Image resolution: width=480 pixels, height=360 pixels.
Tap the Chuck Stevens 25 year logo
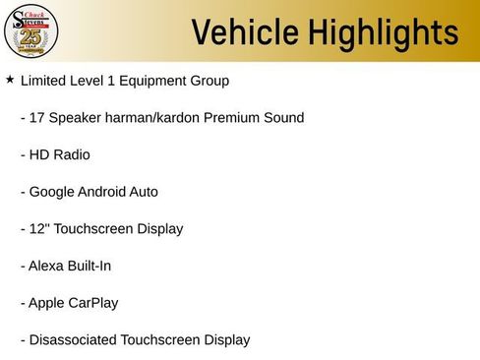click(31, 30)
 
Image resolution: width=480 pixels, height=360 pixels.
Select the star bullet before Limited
click(10, 79)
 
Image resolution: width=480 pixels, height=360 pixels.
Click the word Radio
click(71, 154)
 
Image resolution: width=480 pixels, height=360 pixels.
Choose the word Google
click(52, 192)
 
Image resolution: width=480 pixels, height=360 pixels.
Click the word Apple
click(47, 303)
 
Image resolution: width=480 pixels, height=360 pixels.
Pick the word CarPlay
click(92, 303)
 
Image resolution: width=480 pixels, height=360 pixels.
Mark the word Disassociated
click(73, 340)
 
